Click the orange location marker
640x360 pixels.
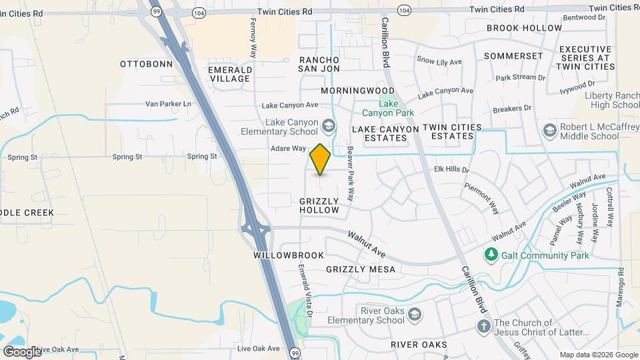(x=321, y=159)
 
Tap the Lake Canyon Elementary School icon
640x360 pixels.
(x=328, y=125)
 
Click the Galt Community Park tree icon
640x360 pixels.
(x=491, y=255)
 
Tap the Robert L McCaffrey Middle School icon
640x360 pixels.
(x=550, y=130)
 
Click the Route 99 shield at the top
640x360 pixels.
(x=156, y=11)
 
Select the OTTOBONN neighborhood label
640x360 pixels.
(x=146, y=64)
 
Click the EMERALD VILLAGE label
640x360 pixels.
(x=230, y=74)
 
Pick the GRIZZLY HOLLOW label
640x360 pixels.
(x=319, y=205)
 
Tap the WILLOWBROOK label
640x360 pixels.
(x=289, y=255)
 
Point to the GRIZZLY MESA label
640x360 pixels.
(x=360, y=269)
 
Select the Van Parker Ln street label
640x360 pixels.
(x=168, y=104)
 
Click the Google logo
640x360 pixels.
(x=22, y=351)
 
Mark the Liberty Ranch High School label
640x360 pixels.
(x=611, y=100)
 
